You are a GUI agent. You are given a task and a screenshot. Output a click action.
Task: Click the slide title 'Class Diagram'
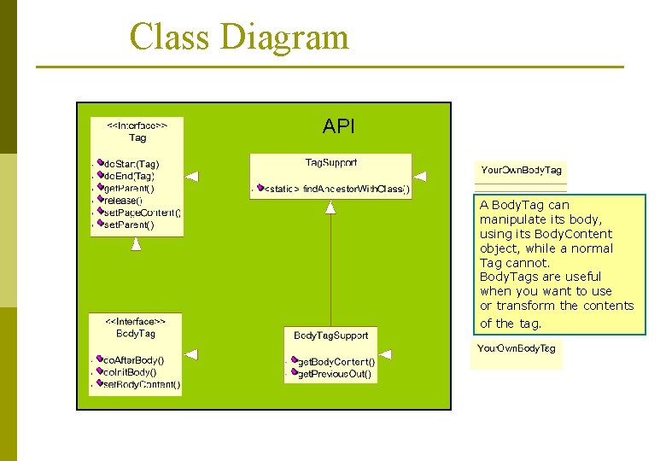pyautogui.click(x=239, y=38)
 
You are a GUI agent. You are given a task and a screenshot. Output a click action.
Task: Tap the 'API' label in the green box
pyautogui.click(x=338, y=127)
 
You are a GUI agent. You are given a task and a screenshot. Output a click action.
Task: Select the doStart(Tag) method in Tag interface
pyautogui.click(x=131, y=163)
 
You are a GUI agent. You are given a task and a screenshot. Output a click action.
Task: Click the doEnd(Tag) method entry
pyautogui.click(x=129, y=175)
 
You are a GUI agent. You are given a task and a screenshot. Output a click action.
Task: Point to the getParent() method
pyautogui.click(x=129, y=188)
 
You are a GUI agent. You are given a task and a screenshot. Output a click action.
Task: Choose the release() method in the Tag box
pyautogui.click(x=123, y=200)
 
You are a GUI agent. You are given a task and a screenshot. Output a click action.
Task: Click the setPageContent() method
pyautogui.click(x=141, y=213)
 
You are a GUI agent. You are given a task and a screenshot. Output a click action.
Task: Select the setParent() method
pyautogui.click(x=128, y=225)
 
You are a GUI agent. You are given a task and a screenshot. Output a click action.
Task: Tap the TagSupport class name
pyautogui.click(x=331, y=162)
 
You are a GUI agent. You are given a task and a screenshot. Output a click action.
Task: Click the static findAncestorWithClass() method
pyautogui.click(x=336, y=189)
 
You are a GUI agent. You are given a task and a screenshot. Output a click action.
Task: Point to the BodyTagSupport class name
pyautogui.click(x=331, y=336)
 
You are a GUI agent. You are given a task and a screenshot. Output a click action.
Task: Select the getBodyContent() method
pyautogui.click(x=335, y=362)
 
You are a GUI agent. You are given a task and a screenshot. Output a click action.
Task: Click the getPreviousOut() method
pyautogui.click(x=333, y=373)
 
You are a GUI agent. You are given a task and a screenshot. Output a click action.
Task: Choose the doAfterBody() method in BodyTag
pyautogui.click(x=133, y=360)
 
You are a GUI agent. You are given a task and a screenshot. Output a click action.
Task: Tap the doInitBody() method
pyautogui.click(x=130, y=372)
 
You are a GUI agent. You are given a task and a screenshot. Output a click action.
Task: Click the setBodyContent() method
pyautogui.click(x=141, y=384)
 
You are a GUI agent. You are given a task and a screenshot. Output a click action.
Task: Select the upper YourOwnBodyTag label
pyautogui.click(x=522, y=171)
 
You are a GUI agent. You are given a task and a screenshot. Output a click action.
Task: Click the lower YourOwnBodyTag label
pyautogui.click(x=517, y=348)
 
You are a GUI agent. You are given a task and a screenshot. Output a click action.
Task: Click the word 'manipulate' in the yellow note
pyautogui.click(x=511, y=219)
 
